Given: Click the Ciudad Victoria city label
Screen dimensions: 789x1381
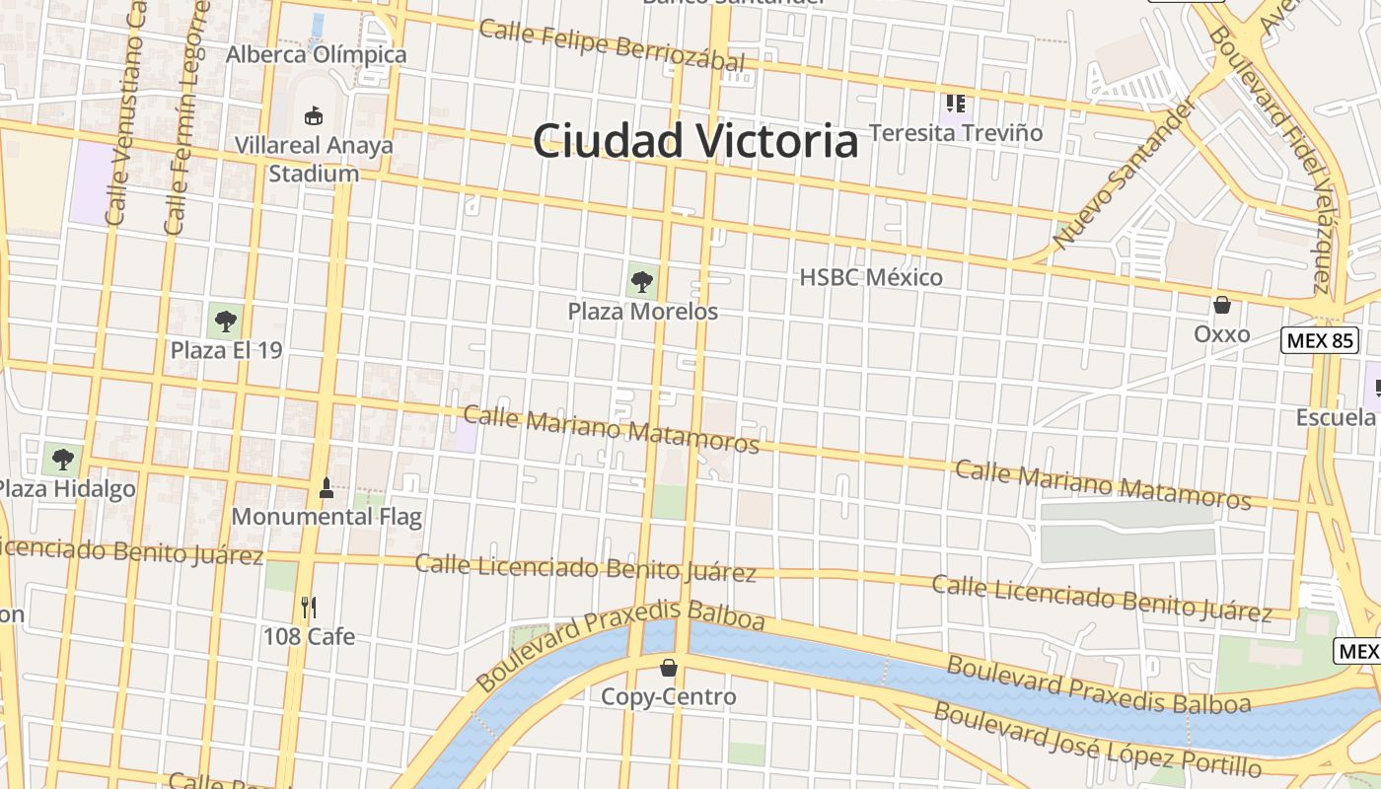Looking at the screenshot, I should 695,141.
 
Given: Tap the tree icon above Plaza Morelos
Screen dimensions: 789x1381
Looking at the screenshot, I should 642,282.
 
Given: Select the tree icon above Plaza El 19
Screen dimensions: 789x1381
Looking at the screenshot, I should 226,321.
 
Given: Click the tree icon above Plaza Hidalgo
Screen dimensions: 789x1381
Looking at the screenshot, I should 63,459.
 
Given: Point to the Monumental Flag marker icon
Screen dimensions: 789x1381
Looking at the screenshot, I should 327,486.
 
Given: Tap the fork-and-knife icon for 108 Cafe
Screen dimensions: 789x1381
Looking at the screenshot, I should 309,607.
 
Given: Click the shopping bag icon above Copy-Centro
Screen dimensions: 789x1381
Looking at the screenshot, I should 669,668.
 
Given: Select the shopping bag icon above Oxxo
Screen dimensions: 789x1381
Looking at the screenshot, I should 1222,305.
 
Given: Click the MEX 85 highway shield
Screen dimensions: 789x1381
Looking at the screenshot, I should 1320,341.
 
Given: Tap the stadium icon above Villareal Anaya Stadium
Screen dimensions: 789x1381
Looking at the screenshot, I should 314,115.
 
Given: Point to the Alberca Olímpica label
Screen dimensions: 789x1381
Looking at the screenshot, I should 316,54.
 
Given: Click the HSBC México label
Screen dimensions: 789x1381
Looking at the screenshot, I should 871,277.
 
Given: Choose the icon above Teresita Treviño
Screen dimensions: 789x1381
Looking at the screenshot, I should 955,103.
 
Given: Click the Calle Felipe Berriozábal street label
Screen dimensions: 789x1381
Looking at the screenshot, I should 612,45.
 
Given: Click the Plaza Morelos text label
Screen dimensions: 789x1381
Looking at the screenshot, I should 642,312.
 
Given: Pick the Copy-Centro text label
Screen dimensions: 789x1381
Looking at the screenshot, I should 669,697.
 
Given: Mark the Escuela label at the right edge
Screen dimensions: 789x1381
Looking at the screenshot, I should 1336,417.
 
